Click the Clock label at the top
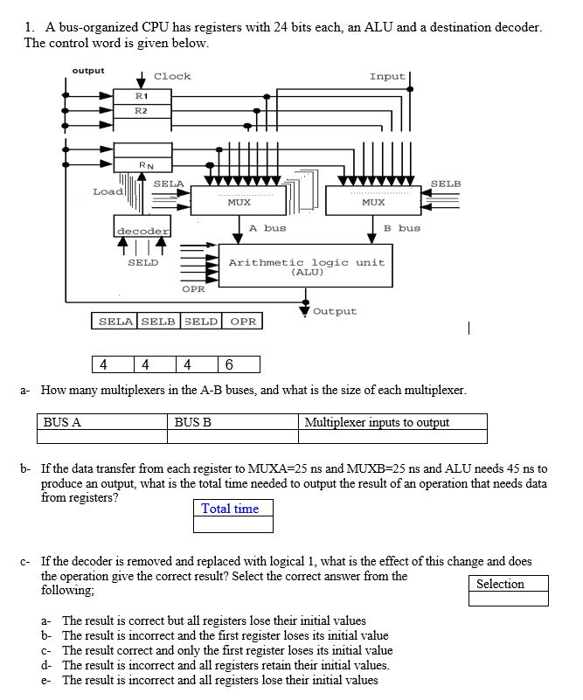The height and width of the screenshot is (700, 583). pos(172,76)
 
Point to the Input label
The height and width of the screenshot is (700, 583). pos(386,76)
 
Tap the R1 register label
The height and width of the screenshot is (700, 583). pos(142,94)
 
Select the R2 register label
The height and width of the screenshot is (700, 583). pos(142,110)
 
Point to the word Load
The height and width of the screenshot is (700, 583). pos(108,191)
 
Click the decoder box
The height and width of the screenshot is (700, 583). pos(142,230)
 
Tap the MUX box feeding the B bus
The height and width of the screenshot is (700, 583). pos(373,202)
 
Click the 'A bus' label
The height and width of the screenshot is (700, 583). pos(267,227)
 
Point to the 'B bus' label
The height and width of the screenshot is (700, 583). pos(402,227)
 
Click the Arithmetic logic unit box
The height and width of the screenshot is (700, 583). pos(306,267)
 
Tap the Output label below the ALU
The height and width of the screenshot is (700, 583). pos(335,311)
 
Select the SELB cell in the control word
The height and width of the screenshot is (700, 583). pos(158,322)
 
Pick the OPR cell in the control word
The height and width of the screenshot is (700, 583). pos(243,322)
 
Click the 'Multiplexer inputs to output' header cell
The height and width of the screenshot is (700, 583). pos(377,422)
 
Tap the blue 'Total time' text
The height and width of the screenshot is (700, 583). pos(230,509)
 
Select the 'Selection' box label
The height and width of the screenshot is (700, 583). pos(500,584)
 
